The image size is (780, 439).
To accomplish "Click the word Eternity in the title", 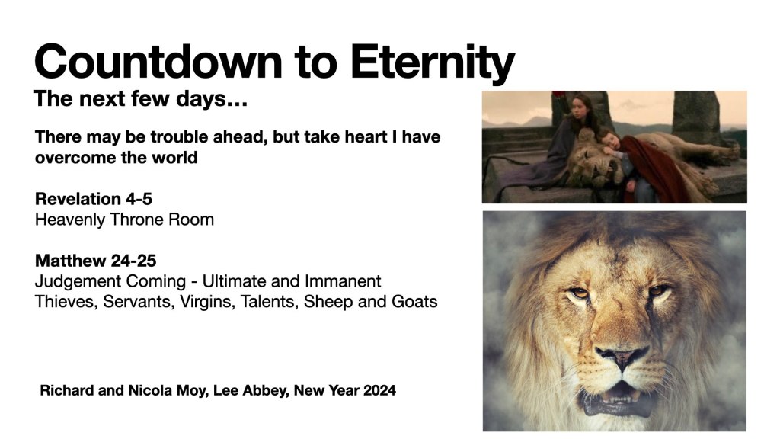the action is pos(433,62).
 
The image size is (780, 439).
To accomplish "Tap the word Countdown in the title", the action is pos(158,62).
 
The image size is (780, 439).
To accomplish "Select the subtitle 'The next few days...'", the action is pos(140,98).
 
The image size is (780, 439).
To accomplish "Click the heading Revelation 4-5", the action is pos(94,199).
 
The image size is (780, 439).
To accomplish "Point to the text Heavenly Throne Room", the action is pos(124,219).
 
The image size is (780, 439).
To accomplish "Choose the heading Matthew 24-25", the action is pos(95,261).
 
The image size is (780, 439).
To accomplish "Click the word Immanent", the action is pos(343,281).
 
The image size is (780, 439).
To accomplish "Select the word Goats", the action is pos(414,302).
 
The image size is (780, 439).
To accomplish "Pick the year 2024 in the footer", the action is pos(379,390).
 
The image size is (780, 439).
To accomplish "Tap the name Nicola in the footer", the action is pos(145,390).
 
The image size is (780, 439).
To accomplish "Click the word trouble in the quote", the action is pos(179,136).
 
